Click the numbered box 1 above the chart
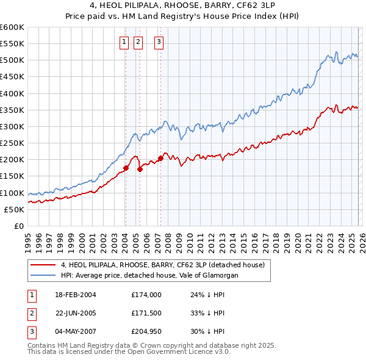pos(124,42)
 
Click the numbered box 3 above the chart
pos(159,42)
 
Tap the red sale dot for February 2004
pos(126,168)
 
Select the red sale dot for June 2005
pos(140,169)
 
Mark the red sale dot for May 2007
pos(160,158)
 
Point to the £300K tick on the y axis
pos(12,126)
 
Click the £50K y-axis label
pos(14,209)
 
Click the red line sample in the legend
pos(43,265)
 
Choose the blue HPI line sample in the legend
pos(43,276)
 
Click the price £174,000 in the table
pos(146,294)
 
